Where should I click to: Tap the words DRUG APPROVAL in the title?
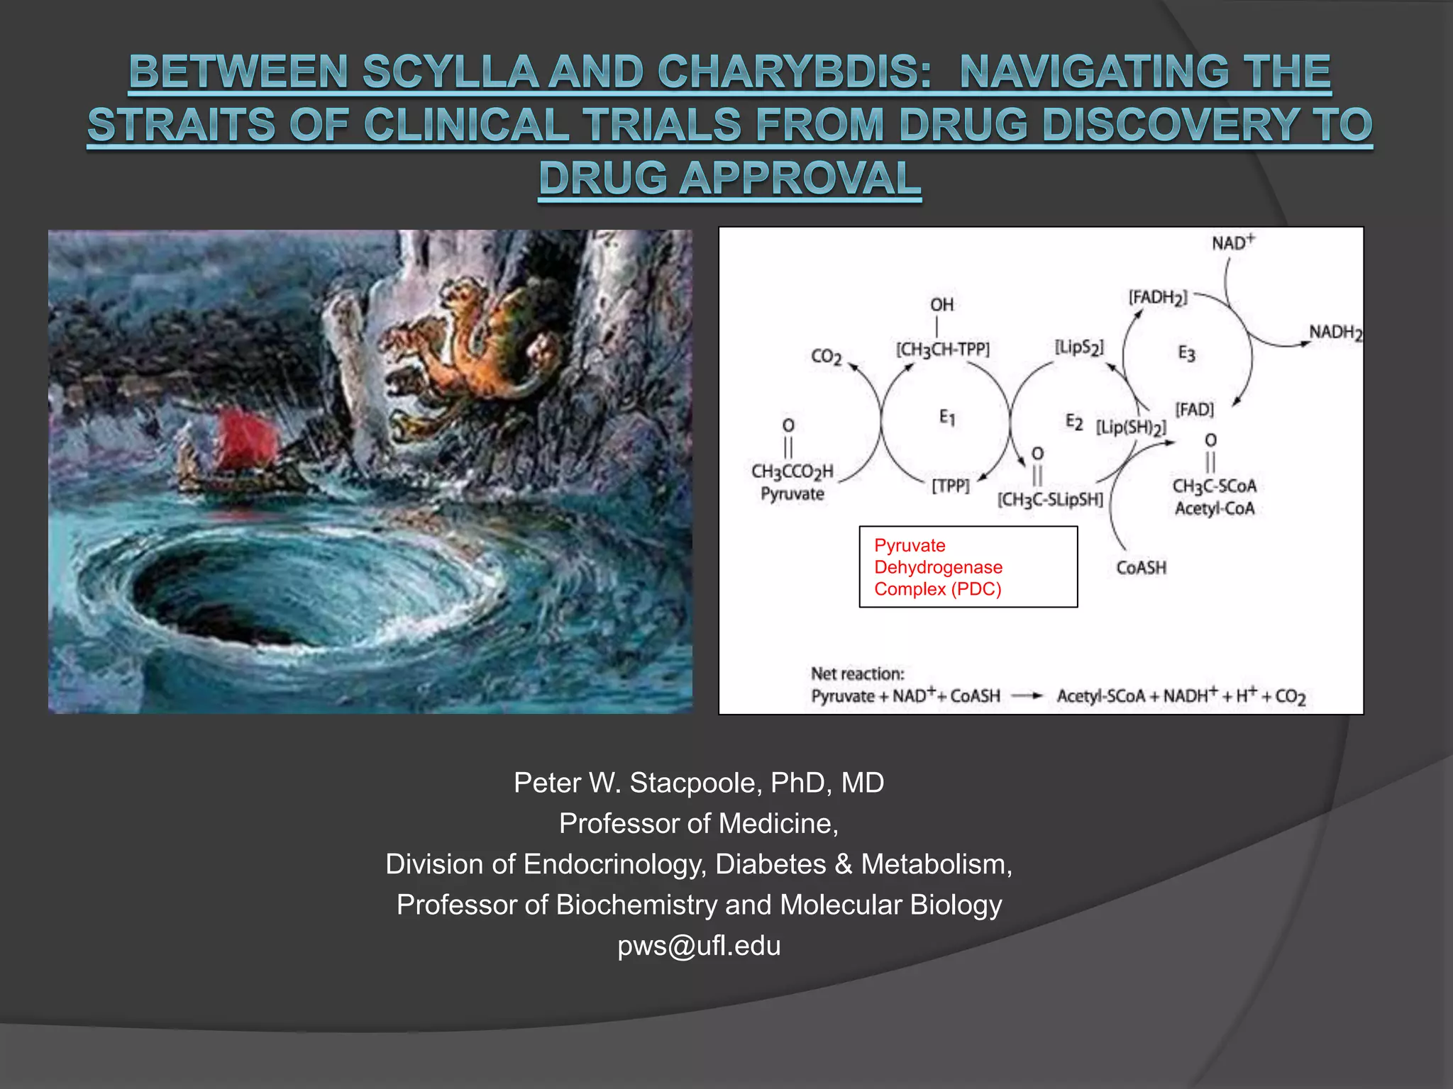729,179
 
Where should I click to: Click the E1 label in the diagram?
947,418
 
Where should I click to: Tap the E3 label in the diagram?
1186,353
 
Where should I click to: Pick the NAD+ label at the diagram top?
1233,243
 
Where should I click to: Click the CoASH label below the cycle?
1141,568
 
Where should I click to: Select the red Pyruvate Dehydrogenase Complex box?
968,567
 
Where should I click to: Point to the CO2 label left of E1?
827,357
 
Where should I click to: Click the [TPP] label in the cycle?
950,486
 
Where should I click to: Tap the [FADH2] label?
1157,298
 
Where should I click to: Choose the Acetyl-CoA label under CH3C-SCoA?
1215,509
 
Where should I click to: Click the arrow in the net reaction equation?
1027,696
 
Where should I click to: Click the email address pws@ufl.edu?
699,946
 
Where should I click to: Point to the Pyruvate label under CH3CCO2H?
792,494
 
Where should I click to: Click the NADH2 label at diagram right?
1335,333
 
